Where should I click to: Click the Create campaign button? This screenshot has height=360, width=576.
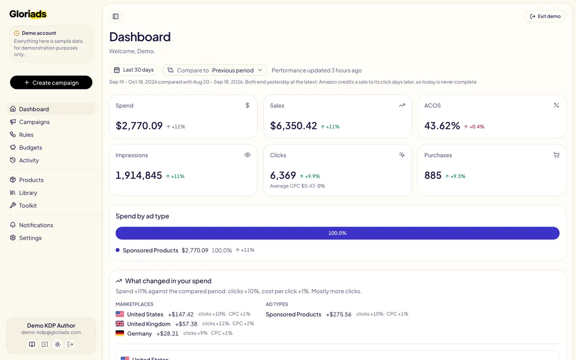51,82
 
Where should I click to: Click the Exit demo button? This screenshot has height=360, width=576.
545,16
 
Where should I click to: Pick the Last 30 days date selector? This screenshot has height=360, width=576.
133,70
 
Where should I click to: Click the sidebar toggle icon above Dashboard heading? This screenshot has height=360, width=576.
115,16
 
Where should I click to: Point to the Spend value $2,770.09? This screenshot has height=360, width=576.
139,125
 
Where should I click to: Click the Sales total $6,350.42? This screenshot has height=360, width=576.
293,125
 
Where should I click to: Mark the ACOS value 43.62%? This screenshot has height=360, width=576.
442,125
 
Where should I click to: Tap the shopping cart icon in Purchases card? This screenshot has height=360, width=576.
556,155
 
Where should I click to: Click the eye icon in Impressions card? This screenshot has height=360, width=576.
247,155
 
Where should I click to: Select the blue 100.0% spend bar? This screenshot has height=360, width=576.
337,233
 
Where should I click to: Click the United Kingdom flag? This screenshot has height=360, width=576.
120,323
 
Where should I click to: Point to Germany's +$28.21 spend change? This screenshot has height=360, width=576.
167,333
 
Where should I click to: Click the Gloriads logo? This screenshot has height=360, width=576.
28,14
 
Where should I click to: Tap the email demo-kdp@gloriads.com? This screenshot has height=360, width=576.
51,332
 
